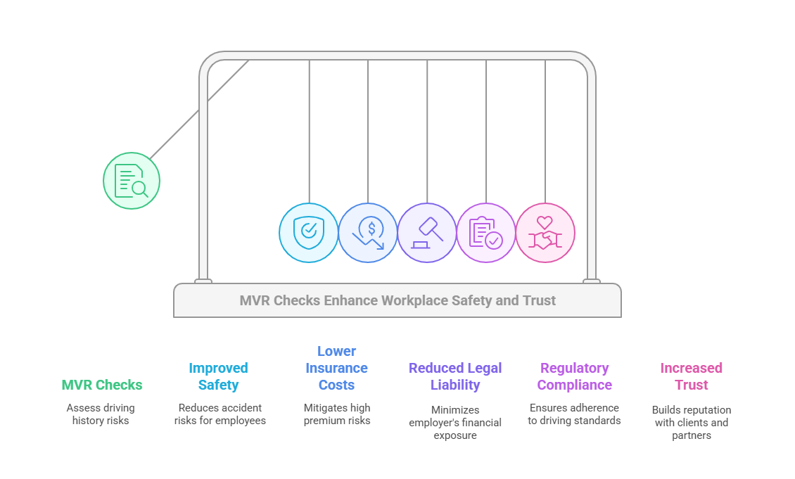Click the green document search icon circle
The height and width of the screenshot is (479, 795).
tap(132, 181)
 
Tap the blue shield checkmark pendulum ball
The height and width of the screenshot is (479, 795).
tap(309, 233)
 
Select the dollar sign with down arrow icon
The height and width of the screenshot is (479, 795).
tap(368, 233)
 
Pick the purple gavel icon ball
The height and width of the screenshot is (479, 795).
tap(427, 233)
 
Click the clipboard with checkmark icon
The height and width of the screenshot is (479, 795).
tap(486, 233)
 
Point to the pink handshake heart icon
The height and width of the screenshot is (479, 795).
tap(545, 233)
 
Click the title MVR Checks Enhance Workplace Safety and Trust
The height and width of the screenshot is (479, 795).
tap(397, 301)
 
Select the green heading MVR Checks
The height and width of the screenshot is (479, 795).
tap(102, 385)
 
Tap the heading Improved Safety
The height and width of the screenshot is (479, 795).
tap(218, 376)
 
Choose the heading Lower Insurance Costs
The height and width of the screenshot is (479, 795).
tap(336, 368)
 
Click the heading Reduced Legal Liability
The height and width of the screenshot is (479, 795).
tap(455, 376)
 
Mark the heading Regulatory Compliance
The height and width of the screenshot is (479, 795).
tap(574, 376)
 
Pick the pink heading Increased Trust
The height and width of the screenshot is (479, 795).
tap(691, 376)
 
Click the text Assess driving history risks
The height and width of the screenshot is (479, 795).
tap(101, 414)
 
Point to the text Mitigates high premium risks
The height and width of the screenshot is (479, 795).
tap(336, 414)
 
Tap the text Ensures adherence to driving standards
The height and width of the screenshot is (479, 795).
tap(574, 414)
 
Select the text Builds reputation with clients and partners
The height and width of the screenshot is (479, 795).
tap(691, 423)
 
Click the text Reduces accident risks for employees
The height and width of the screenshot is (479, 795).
tap(220, 414)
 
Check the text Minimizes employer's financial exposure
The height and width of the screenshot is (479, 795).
tap(455, 423)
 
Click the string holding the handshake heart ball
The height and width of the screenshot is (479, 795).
tap(545, 134)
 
